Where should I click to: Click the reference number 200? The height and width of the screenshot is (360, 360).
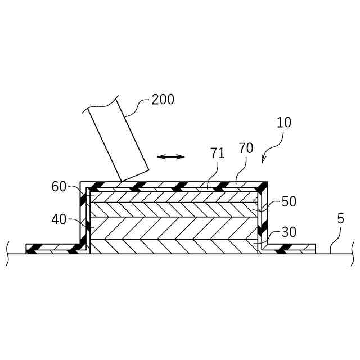click(x=163, y=100)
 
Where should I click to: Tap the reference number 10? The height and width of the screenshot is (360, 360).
click(x=284, y=123)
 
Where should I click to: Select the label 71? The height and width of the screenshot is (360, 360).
click(x=218, y=153)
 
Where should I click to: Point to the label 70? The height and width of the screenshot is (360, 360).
click(x=246, y=148)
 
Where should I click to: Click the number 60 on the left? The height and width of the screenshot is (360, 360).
click(x=60, y=187)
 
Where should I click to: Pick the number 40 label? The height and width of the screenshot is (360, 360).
click(x=59, y=219)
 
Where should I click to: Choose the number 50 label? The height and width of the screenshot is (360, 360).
click(x=289, y=202)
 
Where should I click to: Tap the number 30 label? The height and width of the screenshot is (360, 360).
click(x=289, y=232)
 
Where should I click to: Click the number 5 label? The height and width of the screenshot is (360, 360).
click(x=340, y=219)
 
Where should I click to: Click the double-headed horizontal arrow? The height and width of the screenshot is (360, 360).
click(x=170, y=156)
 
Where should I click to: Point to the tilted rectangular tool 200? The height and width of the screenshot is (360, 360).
click(x=118, y=138)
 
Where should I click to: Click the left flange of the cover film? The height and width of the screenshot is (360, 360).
click(x=53, y=248)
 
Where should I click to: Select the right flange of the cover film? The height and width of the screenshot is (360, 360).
click(x=290, y=248)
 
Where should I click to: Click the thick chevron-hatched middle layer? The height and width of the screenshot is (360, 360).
click(x=174, y=228)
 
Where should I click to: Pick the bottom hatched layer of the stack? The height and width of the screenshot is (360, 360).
click(x=174, y=246)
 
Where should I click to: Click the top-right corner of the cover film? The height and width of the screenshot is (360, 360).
click(x=264, y=184)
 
